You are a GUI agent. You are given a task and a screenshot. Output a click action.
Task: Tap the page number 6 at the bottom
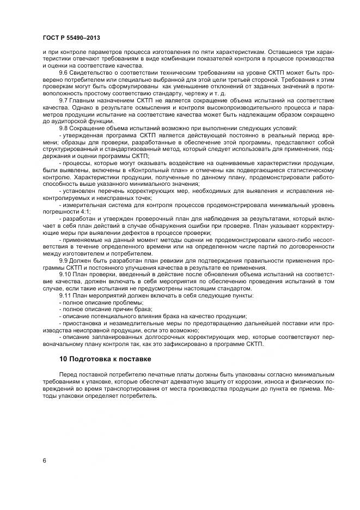[x=44, y=460]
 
